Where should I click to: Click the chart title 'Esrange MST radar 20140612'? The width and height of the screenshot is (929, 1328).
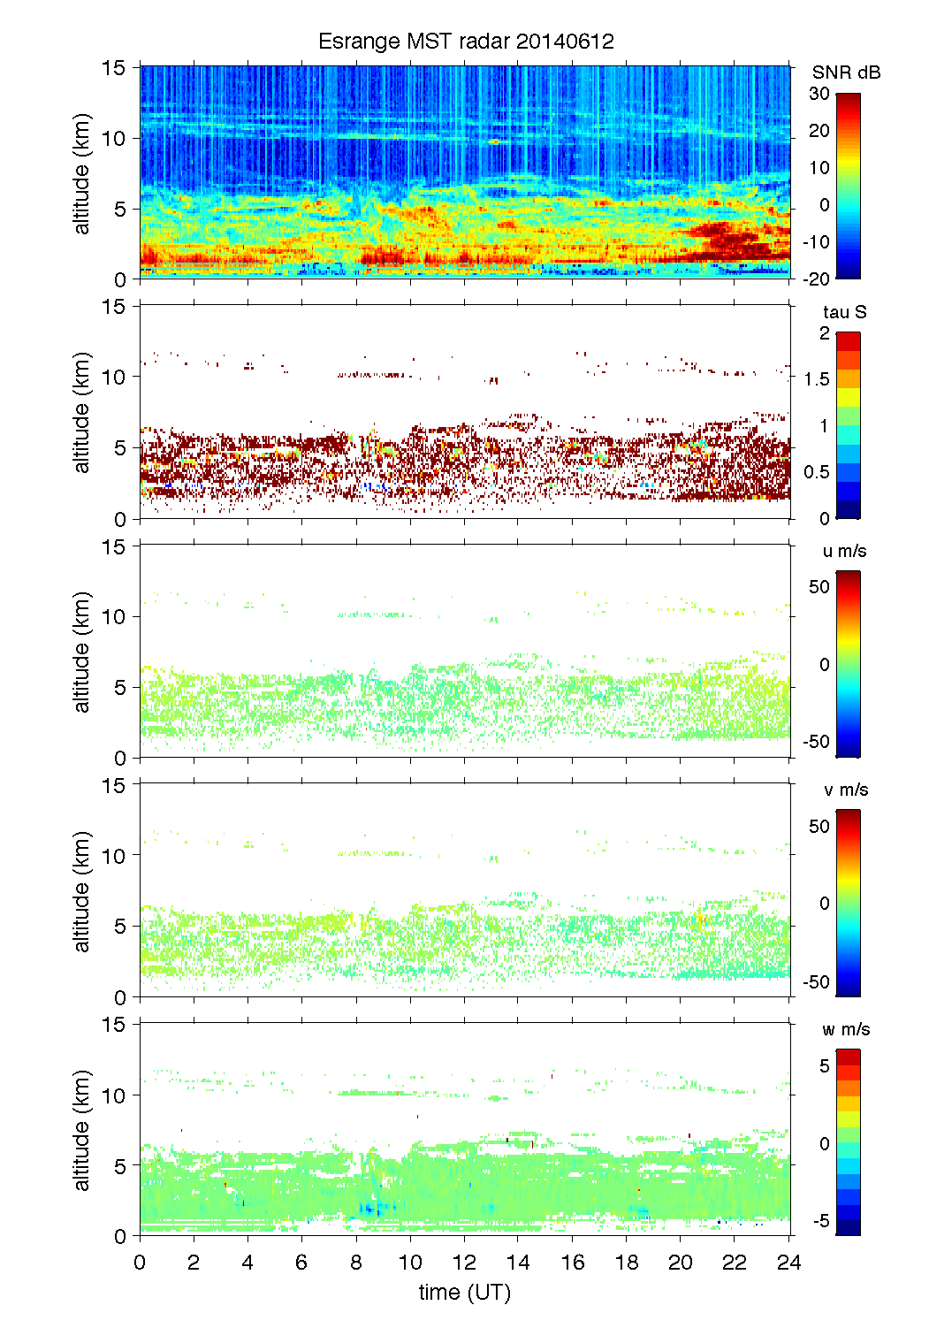click(465, 42)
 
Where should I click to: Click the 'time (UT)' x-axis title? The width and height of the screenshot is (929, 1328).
click(465, 1292)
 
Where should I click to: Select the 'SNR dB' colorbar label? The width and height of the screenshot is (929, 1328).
click(846, 73)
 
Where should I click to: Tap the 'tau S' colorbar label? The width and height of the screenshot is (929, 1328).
click(844, 312)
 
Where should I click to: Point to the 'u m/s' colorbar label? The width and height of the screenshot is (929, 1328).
click(844, 551)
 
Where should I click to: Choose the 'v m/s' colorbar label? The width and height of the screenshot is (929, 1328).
click(845, 790)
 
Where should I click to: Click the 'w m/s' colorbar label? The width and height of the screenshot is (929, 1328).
click(845, 1029)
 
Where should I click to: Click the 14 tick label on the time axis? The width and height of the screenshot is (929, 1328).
click(518, 1262)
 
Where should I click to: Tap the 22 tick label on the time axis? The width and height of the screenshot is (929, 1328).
click(735, 1262)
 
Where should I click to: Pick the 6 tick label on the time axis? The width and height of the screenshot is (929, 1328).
click(301, 1262)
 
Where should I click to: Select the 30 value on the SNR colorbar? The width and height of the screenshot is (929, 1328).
click(819, 94)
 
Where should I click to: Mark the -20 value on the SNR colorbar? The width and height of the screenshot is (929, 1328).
click(816, 279)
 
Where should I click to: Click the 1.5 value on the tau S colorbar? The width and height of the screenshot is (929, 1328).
click(817, 379)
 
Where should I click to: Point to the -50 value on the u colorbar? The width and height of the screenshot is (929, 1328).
click(816, 742)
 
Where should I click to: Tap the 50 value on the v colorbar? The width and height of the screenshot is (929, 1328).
click(819, 826)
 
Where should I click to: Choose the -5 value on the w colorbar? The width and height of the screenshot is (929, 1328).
click(821, 1221)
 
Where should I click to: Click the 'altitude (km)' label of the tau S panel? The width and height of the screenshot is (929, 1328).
click(82, 412)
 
